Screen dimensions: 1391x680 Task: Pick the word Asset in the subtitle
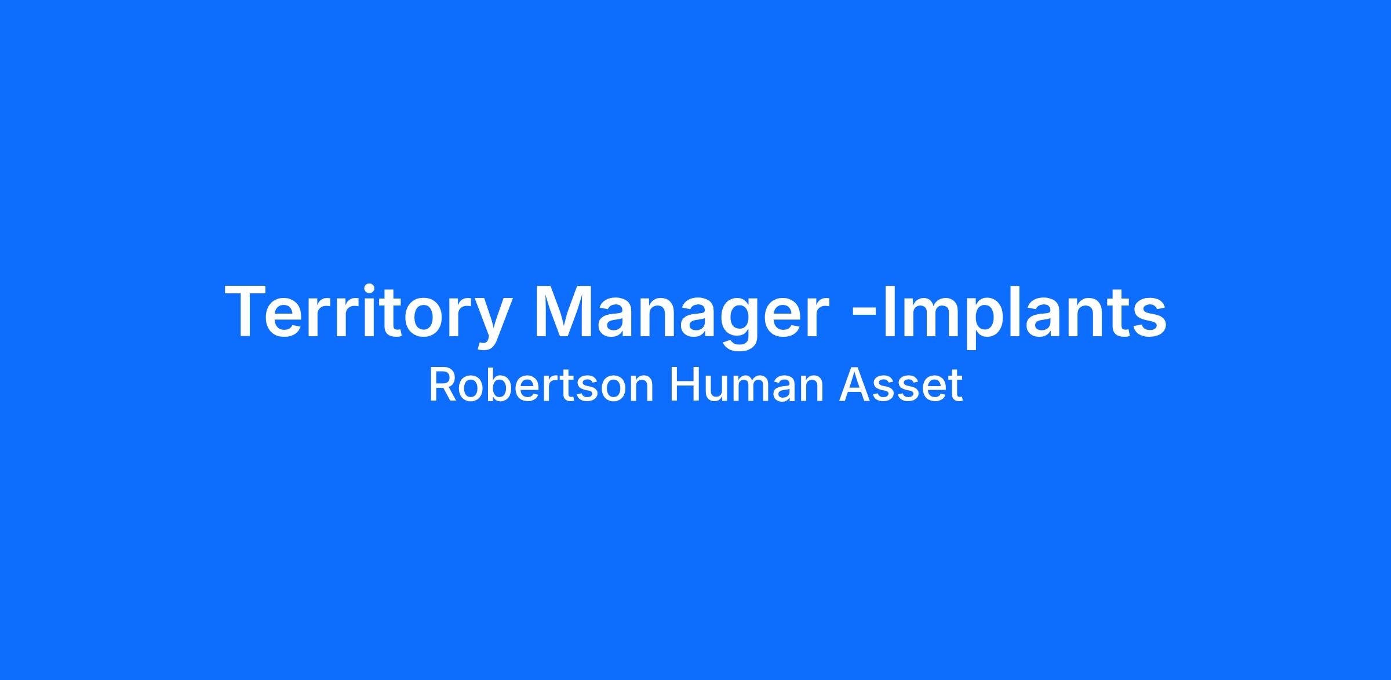901,386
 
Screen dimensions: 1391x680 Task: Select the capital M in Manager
565,311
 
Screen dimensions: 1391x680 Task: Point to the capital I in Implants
889,311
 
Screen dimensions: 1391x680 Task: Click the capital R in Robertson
443,386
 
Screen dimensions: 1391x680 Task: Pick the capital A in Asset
854,386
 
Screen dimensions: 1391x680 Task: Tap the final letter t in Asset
956,387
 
